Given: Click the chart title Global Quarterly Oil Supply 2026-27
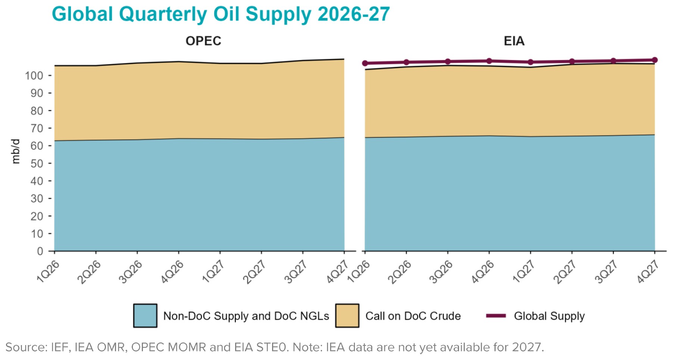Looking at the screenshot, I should click(x=221, y=14).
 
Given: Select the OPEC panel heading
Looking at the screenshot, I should click(x=203, y=41).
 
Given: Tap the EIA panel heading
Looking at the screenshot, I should click(x=514, y=41).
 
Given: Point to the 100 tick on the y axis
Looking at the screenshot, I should click(x=34, y=75).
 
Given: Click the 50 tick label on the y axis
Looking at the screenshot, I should click(x=37, y=164).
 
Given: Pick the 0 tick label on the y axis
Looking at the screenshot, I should click(x=40, y=251).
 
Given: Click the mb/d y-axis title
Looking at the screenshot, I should click(x=15, y=151).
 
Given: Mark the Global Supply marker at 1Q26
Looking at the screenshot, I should click(x=365, y=63).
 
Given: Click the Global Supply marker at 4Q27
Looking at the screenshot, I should click(x=655, y=60).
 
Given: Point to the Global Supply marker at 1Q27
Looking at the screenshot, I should click(x=530, y=62).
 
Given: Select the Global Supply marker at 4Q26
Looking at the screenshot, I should click(x=489, y=61).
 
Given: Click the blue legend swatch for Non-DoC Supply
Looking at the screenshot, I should click(x=145, y=316).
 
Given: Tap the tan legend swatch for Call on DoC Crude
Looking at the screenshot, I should click(x=347, y=316).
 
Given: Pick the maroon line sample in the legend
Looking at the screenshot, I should click(x=496, y=316).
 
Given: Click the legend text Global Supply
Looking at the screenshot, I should click(x=549, y=316).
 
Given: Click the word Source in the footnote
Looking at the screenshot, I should click(x=25, y=347).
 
